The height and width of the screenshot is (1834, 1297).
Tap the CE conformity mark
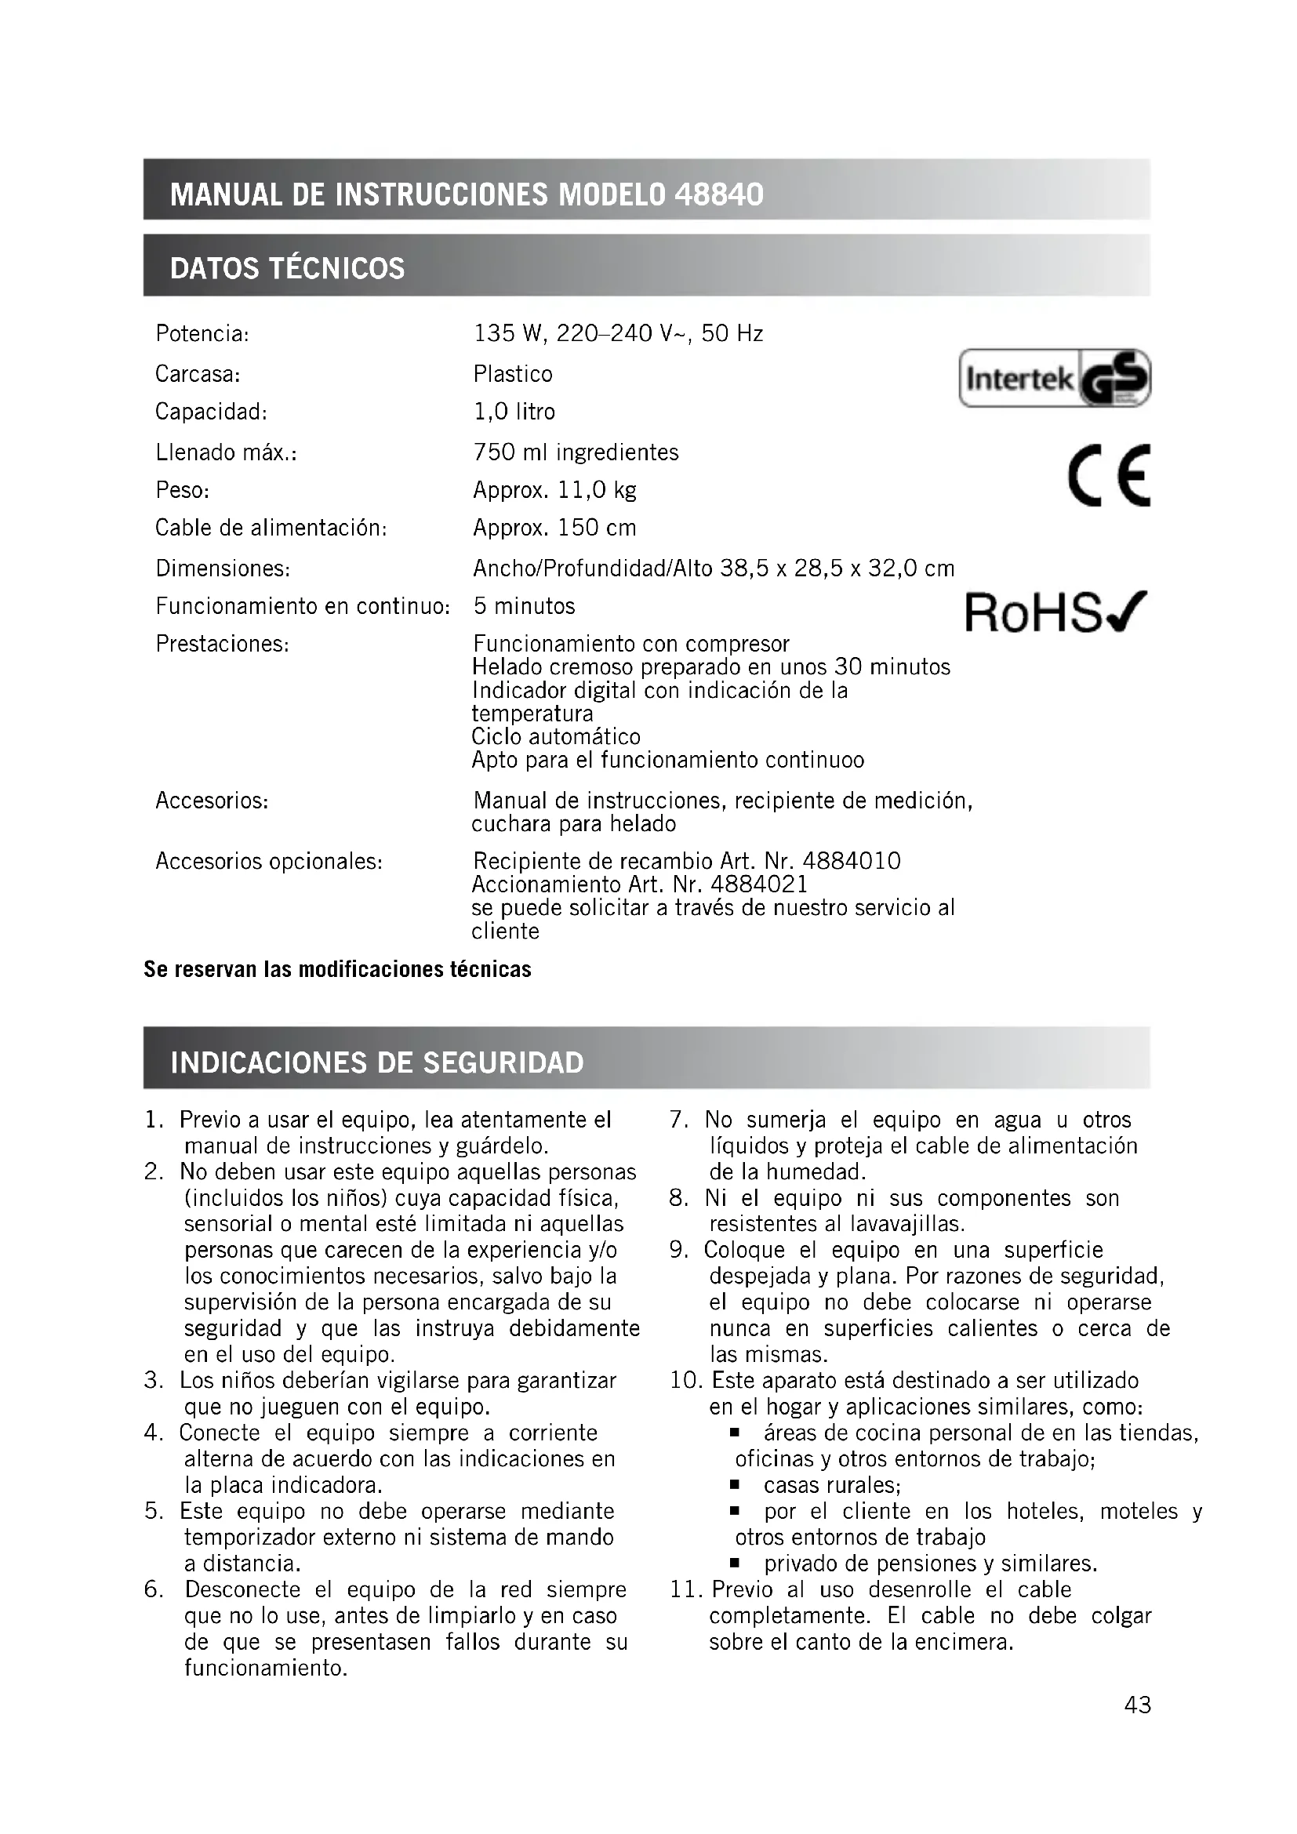(1110, 475)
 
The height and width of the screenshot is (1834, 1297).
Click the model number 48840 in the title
(719, 194)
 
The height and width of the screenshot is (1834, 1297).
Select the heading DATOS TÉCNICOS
(288, 268)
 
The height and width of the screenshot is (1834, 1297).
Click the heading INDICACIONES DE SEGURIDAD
(377, 1062)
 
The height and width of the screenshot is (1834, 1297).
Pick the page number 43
(1137, 1705)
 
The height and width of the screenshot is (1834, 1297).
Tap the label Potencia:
(202, 333)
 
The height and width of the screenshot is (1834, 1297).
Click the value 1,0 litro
(514, 412)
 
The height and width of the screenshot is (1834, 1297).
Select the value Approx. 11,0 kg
(554, 489)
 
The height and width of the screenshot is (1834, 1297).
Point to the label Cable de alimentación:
(271, 528)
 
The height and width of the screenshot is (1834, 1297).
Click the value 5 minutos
(524, 606)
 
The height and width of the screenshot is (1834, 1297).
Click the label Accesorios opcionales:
(268, 862)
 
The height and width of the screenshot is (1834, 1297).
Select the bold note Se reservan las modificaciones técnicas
(337, 969)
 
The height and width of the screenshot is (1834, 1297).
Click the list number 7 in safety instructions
(678, 1120)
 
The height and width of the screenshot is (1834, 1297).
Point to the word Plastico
(513, 374)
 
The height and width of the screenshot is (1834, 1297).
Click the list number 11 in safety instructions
(685, 1589)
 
